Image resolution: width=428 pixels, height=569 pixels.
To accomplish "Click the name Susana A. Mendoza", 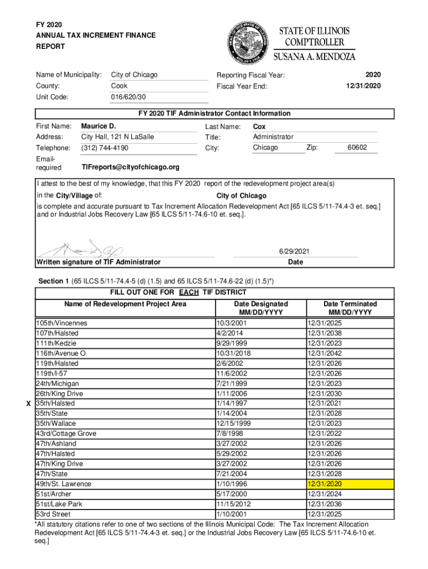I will tap(314, 56).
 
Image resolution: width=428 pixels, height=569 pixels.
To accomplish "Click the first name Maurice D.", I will tap(98, 126).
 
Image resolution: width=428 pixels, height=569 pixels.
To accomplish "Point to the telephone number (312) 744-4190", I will tap(104, 148).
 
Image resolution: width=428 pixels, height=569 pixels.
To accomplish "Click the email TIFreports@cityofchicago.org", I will tap(130, 167).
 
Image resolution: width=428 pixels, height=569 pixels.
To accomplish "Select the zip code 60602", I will tap(357, 148).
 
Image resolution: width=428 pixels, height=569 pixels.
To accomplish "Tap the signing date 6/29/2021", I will tap(295, 252).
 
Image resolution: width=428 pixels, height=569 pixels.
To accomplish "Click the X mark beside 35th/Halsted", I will tap(28, 403).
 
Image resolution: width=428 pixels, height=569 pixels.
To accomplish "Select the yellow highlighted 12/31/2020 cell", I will tap(350, 484).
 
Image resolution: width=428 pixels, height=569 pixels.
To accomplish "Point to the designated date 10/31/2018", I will tap(234, 353).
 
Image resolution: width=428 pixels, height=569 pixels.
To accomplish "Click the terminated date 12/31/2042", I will tap(324, 353).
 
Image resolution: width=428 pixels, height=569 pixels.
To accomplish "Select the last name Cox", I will tap(259, 126).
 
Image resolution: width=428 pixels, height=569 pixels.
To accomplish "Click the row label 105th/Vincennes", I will tap(62, 323).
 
